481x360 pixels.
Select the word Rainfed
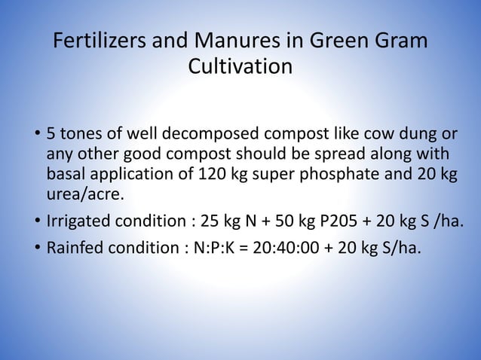pos(76,245)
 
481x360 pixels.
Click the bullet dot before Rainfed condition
pos(36,245)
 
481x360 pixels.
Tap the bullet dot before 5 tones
pos(36,136)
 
